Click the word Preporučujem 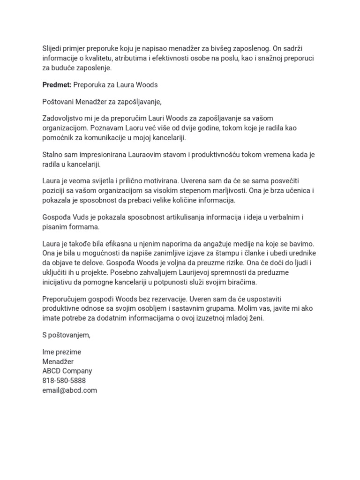66,299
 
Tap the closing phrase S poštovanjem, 66,335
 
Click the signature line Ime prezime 62,352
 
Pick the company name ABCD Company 67,371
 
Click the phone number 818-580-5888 64,380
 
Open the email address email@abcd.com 69,390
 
